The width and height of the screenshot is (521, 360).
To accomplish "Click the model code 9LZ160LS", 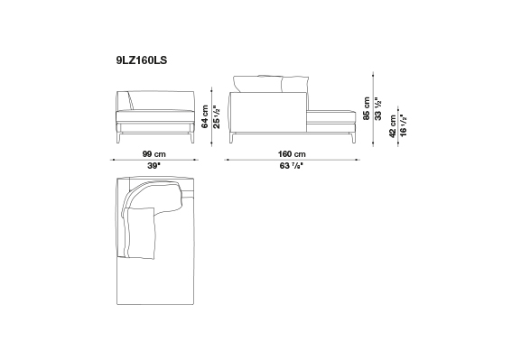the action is pos(142,60).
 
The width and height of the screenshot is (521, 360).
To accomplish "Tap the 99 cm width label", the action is pos(154,154).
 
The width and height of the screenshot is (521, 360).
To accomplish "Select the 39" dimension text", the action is pos(154,166).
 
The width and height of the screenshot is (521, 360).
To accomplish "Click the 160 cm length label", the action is pos(292,154).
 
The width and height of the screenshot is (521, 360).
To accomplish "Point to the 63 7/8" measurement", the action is pos(292,166).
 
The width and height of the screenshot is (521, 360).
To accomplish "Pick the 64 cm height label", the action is pos(205,116).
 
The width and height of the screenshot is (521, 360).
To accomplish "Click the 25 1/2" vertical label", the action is pos(217,117).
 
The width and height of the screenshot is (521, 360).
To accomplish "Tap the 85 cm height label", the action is pos(367,108).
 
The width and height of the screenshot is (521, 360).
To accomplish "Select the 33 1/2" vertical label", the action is pos(378,108).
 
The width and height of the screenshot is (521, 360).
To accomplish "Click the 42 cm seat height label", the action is pos(393,126).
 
